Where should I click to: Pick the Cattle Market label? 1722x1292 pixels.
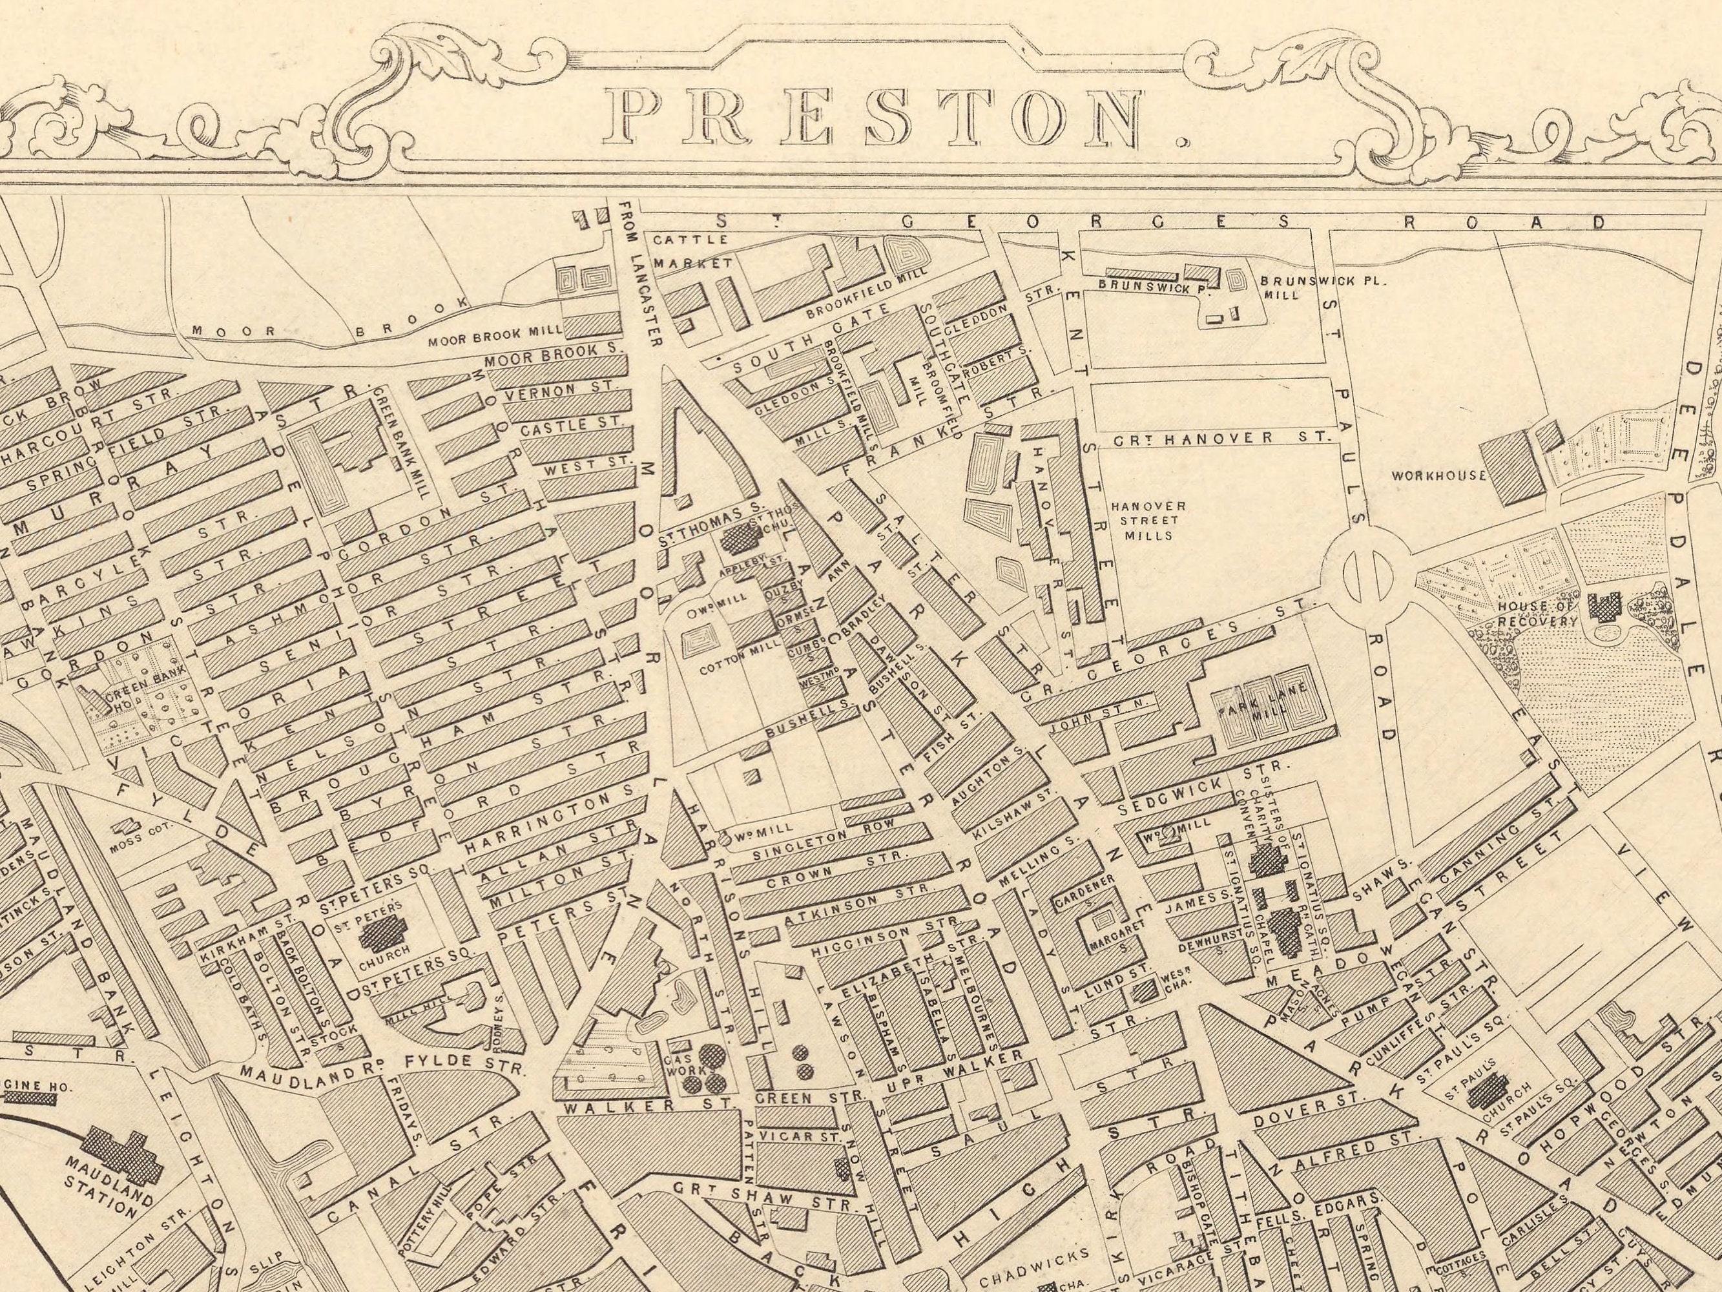pos(691,251)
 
